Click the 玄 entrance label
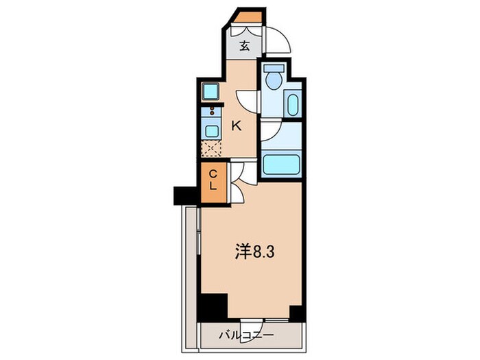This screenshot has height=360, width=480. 245,47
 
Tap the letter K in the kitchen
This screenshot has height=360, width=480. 237,125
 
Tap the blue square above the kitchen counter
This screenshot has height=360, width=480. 211,91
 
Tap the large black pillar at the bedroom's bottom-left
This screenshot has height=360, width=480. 213,306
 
